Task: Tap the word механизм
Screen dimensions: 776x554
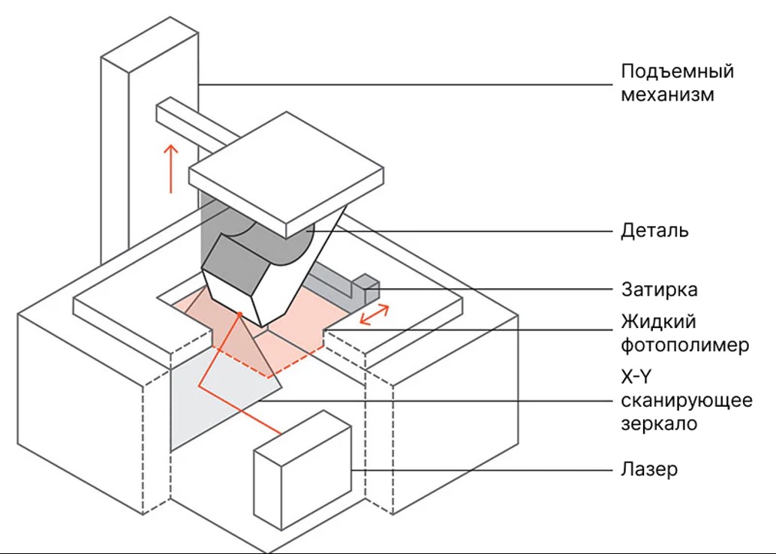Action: [668, 94]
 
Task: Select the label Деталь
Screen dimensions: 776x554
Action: [654, 230]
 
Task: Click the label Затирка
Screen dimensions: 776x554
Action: [659, 290]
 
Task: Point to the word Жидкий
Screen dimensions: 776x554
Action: [659, 322]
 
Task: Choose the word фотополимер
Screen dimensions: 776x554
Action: [685, 345]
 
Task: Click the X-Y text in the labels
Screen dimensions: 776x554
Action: [636, 378]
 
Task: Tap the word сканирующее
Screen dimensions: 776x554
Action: [687, 401]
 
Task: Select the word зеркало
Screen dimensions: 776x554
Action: [659, 424]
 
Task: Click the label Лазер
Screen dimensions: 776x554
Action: [649, 469]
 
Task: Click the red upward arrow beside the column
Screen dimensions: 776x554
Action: [171, 168]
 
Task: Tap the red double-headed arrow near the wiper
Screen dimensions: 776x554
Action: [374, 315]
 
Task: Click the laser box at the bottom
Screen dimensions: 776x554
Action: [302, 469]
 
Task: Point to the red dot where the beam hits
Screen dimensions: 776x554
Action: [239, 314]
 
